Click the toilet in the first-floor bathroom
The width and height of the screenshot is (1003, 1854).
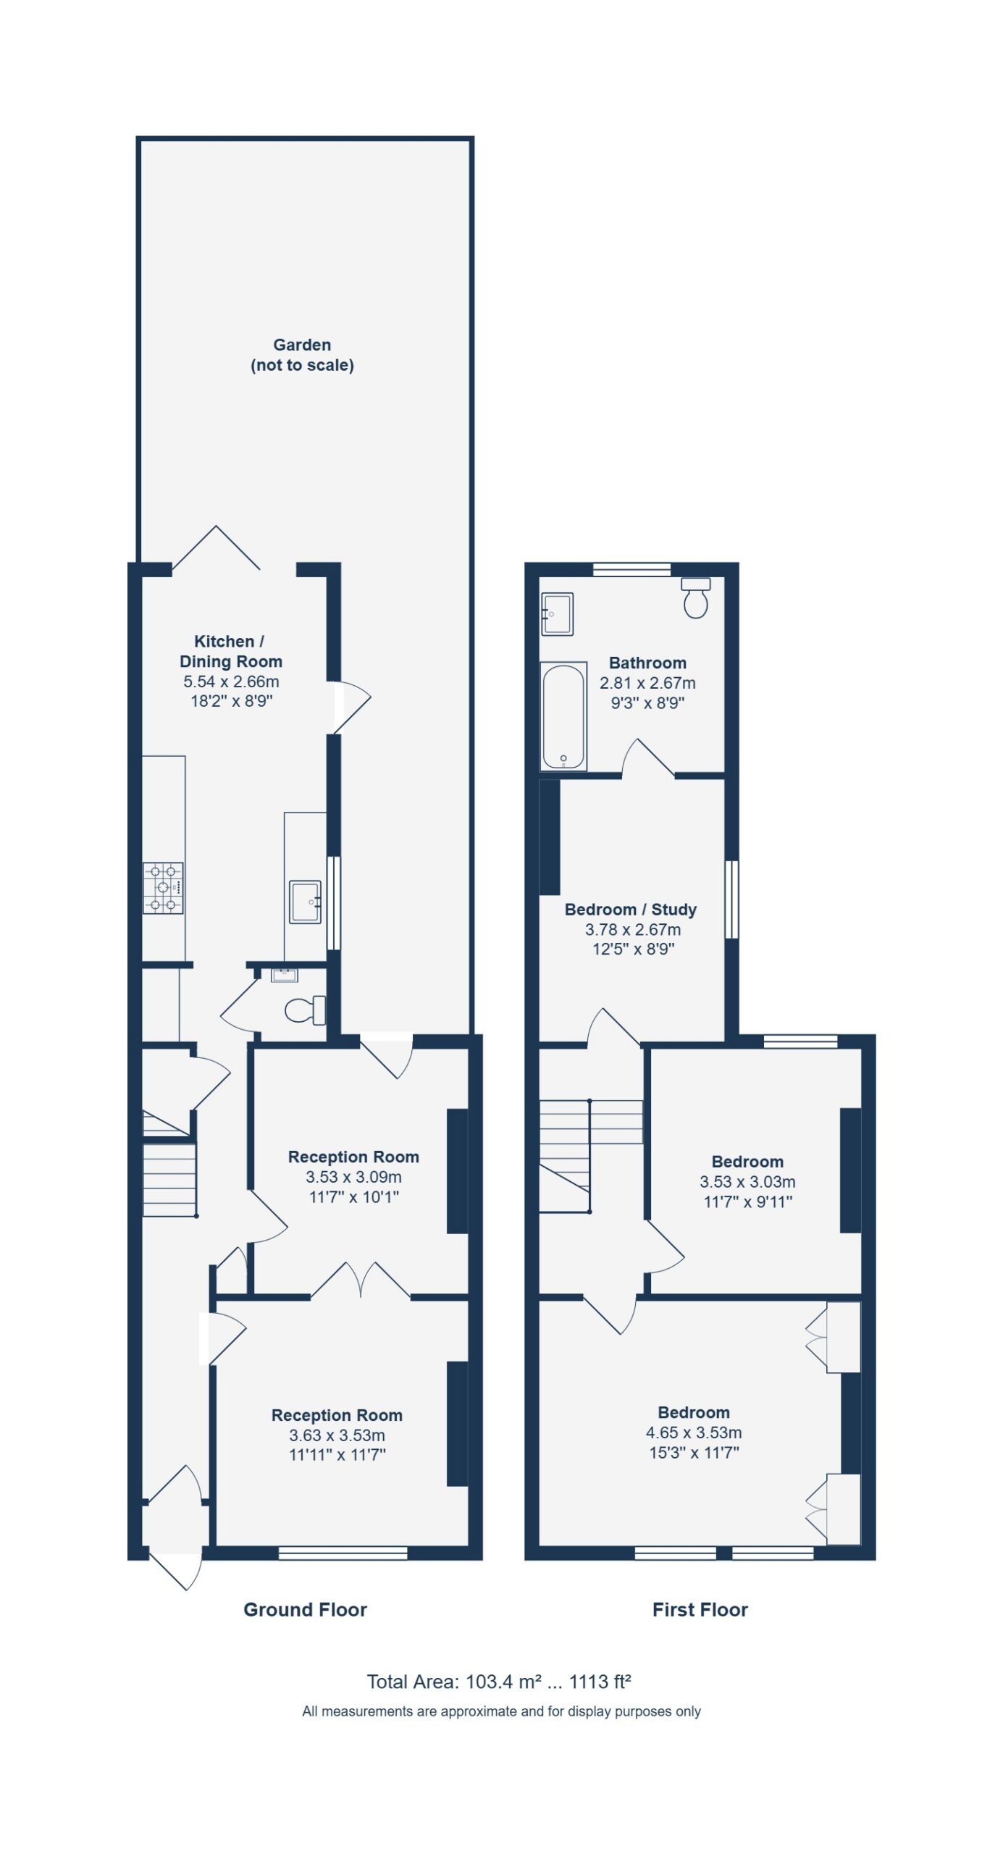[695, 597]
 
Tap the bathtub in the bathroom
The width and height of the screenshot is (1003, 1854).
[563, 716]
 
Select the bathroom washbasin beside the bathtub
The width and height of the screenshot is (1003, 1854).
[557, 613]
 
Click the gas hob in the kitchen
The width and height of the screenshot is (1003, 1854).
[163, 888]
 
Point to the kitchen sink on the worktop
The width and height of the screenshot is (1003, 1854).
[305, 902]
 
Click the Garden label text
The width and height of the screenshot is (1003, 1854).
[302, 355]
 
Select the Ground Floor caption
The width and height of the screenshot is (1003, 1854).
[305, 1609]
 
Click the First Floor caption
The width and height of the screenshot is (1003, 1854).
[700, 1609]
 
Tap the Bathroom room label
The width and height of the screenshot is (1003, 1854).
[647, 663]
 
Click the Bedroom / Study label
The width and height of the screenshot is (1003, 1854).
[631, 910]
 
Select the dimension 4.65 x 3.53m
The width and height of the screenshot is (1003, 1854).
[694, 1433]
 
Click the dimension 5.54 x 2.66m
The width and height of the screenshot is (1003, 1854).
[231, 681]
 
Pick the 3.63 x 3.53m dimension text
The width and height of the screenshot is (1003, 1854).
[337, 1435]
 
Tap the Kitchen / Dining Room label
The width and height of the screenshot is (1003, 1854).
[231, 651]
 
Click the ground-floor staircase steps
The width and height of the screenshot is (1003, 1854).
[169, 1180]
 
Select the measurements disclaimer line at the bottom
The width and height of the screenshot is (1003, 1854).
[501, 1711]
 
